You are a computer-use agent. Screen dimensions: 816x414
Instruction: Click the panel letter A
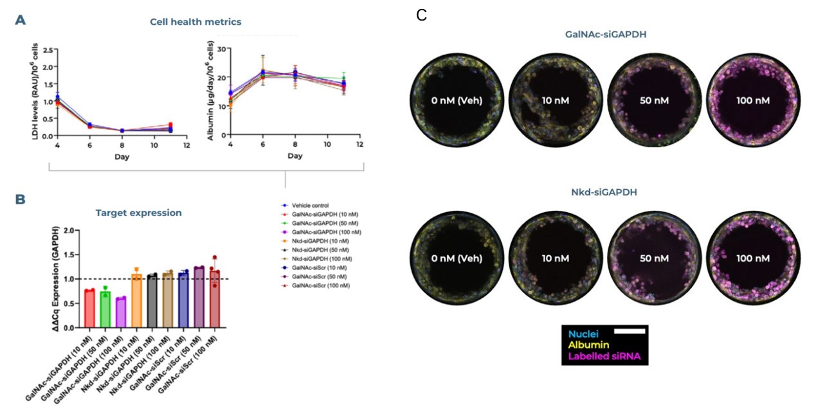(21, 20)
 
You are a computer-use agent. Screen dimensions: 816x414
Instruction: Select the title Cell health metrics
(195, 22)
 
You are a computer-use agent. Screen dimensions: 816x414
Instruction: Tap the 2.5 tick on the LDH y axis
(48, 50)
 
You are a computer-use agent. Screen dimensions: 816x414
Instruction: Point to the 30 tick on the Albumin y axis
(221, 48)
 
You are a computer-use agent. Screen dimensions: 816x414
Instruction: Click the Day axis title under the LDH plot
(122, 157)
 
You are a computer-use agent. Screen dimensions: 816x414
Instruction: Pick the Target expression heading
(139, 213)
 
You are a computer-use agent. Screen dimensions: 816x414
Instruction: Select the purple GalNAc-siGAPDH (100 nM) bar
(121, 312)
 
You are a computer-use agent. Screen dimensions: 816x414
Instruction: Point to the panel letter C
(421, 15)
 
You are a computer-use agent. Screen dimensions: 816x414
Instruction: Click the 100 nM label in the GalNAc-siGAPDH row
(753, 100)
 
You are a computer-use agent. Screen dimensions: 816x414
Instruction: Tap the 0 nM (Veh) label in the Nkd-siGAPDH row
(457, 258)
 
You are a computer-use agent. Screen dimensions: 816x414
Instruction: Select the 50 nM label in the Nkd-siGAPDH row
(654, 258)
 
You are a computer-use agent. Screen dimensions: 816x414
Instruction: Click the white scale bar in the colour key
(630, 331)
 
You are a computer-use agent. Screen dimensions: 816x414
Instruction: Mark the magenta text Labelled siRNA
(604, 356)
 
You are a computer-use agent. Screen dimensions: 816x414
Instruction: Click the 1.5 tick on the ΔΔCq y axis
(69, 255)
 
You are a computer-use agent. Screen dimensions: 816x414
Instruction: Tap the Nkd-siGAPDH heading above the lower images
(604, 192)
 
